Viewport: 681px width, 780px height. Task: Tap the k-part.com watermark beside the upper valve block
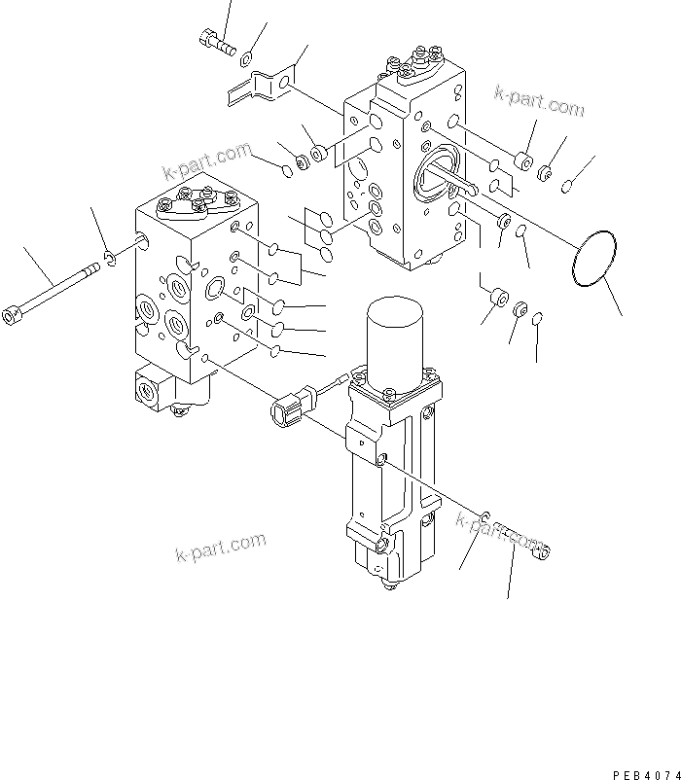pyautogui.click(x=539, y=100)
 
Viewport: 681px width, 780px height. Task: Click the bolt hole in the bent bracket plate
pyautogui.click(x=283, y=86)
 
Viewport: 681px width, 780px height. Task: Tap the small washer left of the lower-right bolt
pyautogui.click(x=484, y=515)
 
